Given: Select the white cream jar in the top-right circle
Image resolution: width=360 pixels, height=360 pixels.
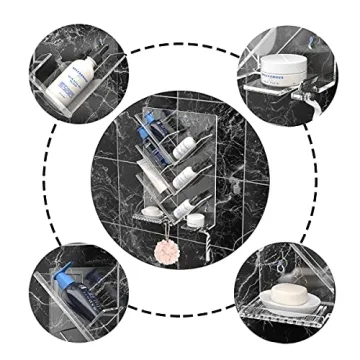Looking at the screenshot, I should click(283, 71).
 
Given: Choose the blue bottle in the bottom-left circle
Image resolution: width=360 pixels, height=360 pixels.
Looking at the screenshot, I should click(75, 299).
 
